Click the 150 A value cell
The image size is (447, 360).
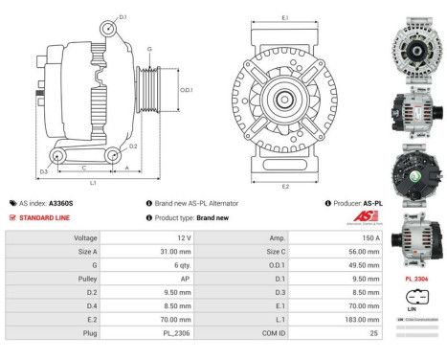[370, 236]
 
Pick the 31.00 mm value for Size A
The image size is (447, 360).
[178, 252]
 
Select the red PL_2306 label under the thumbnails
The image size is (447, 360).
[417, 278]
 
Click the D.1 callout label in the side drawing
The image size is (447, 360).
[123, 16]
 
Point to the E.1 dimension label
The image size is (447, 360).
[285, 17]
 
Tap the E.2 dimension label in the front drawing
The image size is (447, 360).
[285, 186]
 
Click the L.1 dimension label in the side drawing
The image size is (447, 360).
[93, 182]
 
